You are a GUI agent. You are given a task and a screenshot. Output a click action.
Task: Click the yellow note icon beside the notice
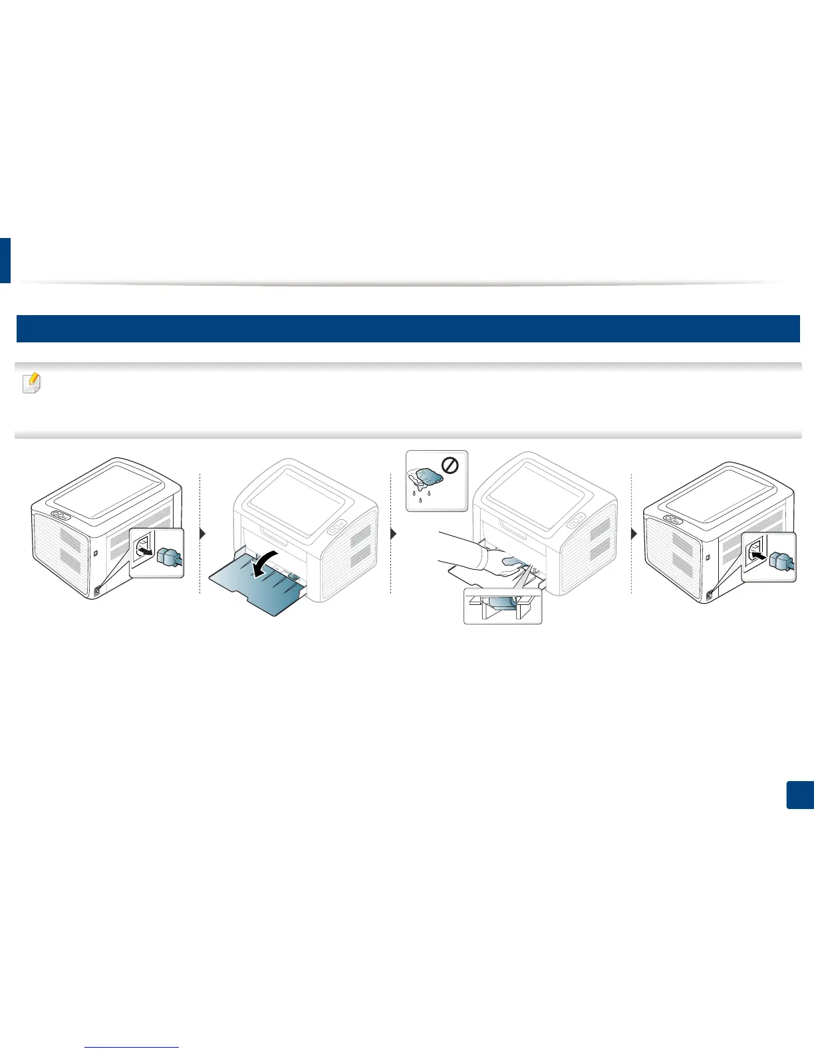pos(31,384)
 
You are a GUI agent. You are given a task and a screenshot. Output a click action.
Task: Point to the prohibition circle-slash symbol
pos(450,467)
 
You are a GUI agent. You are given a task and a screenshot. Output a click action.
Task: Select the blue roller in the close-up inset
pos(503,603)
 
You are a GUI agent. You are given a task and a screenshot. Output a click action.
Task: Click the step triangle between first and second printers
pos(203,533)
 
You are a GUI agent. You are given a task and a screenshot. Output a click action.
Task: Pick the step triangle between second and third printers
pos(393,533)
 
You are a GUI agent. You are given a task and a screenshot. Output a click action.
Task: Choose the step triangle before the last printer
pos(634,533)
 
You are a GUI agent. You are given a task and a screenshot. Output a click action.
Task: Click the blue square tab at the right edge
pos(800,795)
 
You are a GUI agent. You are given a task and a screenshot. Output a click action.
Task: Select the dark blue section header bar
pos(407,329)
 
